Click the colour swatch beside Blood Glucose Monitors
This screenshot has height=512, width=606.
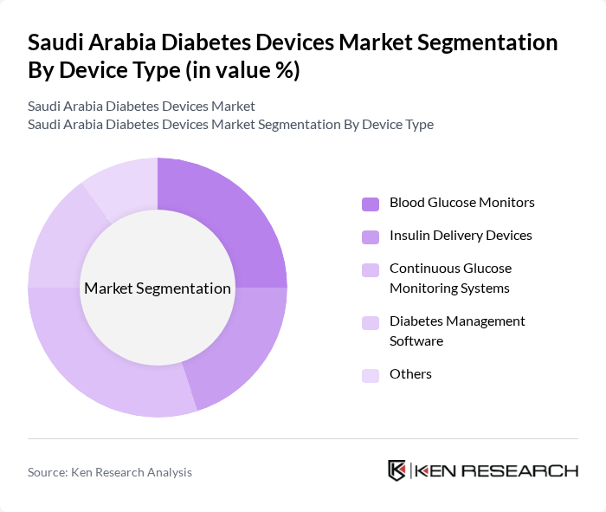[371, 204]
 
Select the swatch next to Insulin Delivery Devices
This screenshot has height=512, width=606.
[371, 237]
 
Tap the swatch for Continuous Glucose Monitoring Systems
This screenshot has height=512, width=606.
[371, 269]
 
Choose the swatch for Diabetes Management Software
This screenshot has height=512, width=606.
[371, 322]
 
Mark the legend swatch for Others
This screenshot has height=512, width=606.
[371, 375]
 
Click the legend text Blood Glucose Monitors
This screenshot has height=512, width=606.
[461, 203]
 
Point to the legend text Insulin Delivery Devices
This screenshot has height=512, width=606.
[461, 236]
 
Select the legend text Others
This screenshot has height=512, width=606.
[410, 374]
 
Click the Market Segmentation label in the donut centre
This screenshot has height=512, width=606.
[158, 288]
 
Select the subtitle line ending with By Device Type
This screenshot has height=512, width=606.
[230, 125]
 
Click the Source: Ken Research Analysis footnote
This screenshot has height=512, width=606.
[110, 472]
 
